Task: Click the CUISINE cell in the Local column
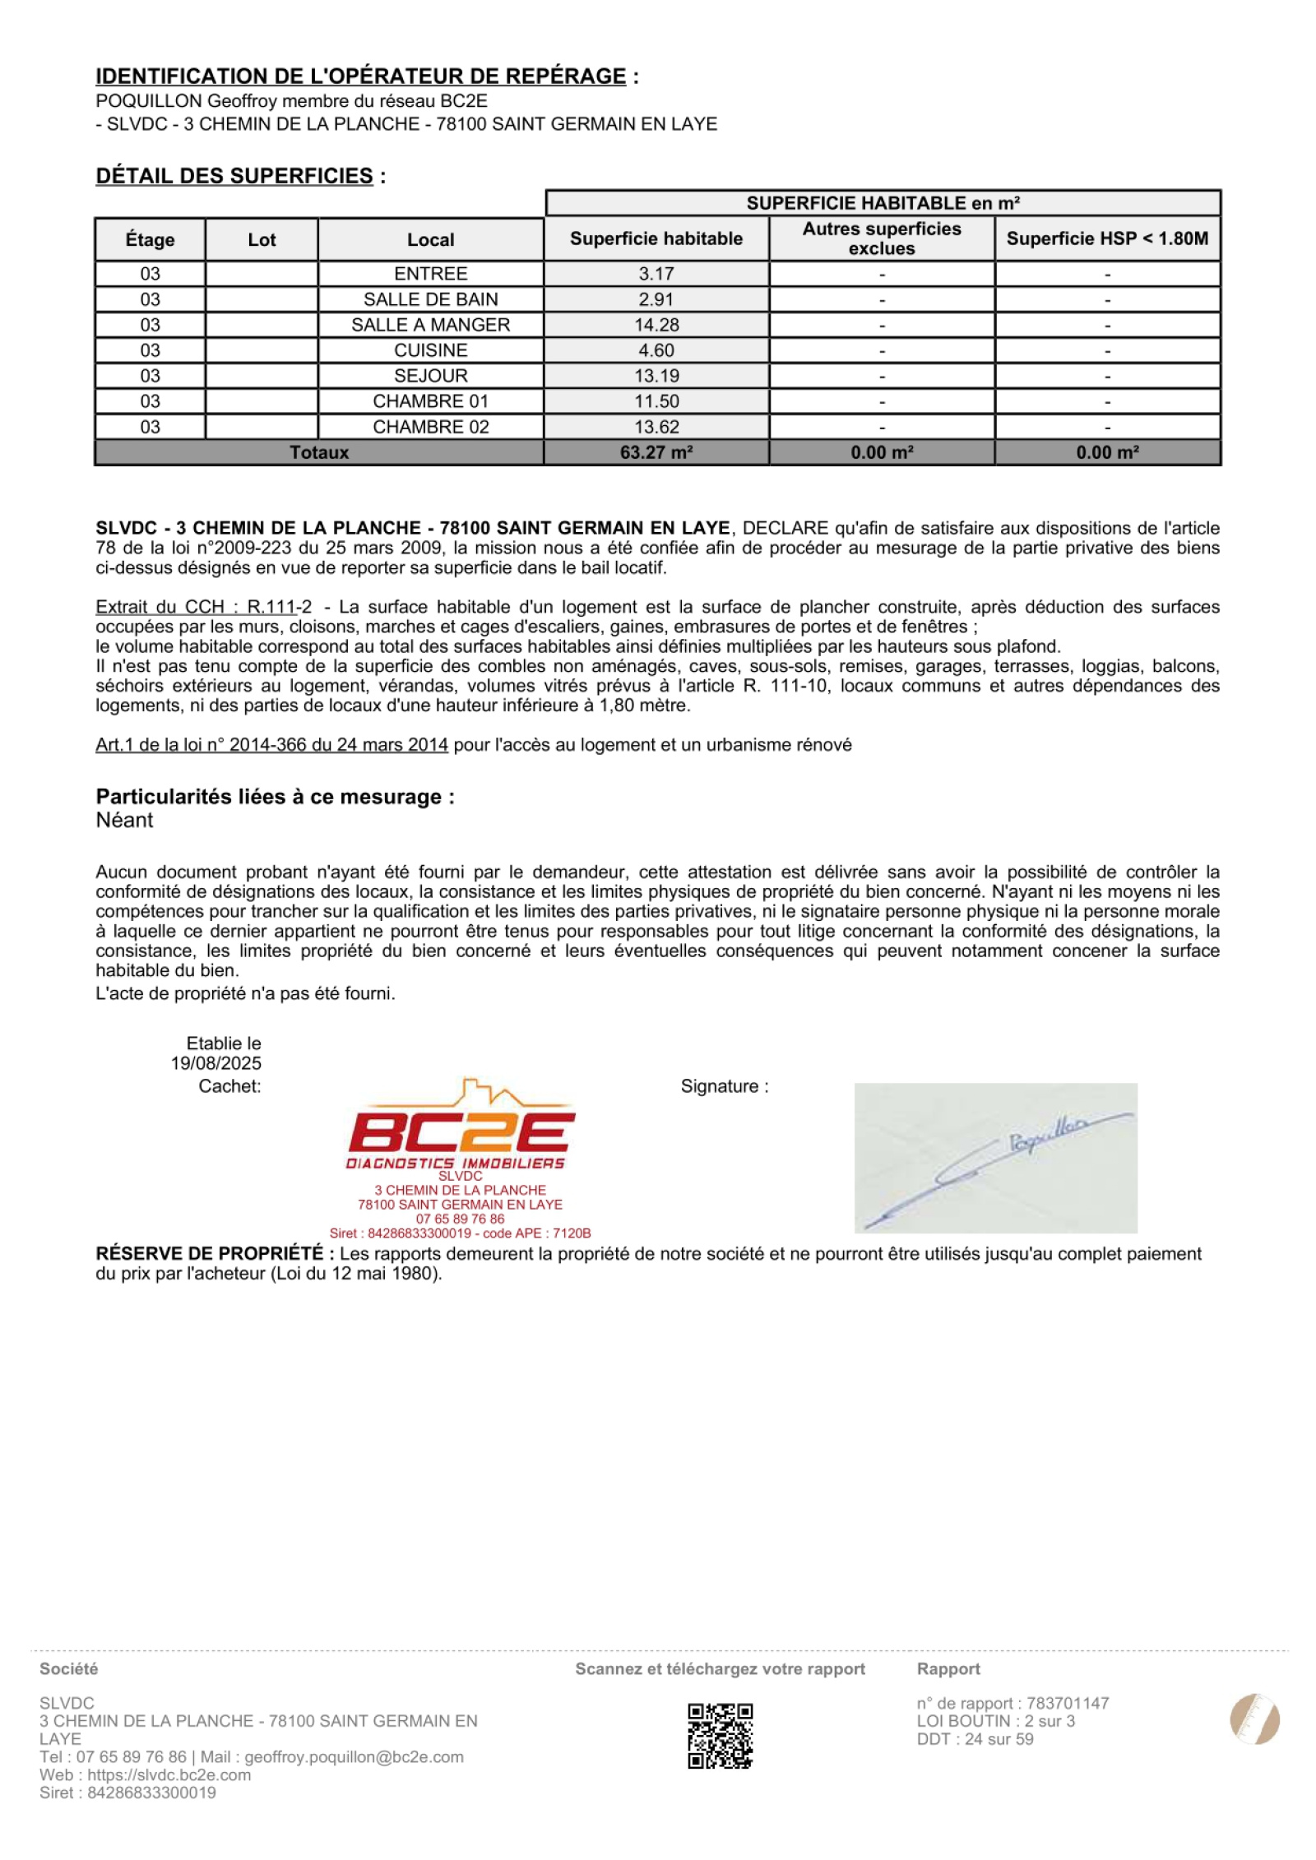click(430, 350)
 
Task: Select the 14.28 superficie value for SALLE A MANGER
click(656, 325)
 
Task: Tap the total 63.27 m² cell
click(656, 452)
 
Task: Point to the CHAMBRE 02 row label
click(430, 427)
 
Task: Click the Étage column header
click(150, 239)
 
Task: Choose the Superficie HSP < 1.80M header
click(1106, 238)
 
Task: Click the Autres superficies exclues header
click(881, 238)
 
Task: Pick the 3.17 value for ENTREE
click(656, 274)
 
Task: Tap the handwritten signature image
click(995, 1158)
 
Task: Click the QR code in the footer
click(720, 1735)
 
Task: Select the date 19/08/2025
click(215, 1063)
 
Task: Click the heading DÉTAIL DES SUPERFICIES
click(234, 176)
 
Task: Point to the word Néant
click(124, 820)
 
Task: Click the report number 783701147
click(1067, 1703)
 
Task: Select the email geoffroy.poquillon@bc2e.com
click(354, 1757)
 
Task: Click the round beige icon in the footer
click(1254, 1719)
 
